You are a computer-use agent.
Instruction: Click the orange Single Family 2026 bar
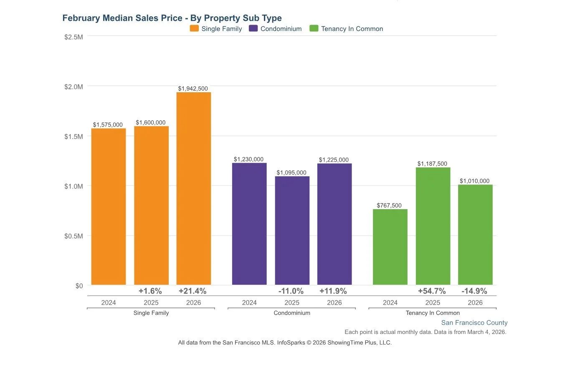pos(193,188)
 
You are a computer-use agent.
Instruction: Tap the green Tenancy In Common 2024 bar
pos(390,247)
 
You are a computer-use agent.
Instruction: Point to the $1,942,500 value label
pos(193,89)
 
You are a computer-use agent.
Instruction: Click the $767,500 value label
pos(389,205)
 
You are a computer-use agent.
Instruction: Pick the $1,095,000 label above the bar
pos(291,172)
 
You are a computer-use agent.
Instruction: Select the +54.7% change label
pos(432,291)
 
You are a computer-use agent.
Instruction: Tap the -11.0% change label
pos(291,291)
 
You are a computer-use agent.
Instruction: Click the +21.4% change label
pos(193,291)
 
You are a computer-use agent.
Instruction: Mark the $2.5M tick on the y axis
pos(73,37)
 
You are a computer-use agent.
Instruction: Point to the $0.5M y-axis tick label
pos(73,236)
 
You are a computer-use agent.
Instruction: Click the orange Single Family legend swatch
pos(194,28)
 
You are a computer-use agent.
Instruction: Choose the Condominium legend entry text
pos(281,29)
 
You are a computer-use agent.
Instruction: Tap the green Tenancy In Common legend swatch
pos(314,28)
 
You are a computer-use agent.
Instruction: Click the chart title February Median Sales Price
pos(172,18)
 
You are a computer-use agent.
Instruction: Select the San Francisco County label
pos(474,323)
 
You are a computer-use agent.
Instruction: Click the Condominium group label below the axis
pos(292,313)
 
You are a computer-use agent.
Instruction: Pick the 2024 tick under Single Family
pos(109,302)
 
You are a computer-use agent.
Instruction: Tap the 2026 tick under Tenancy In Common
pos(475,302)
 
